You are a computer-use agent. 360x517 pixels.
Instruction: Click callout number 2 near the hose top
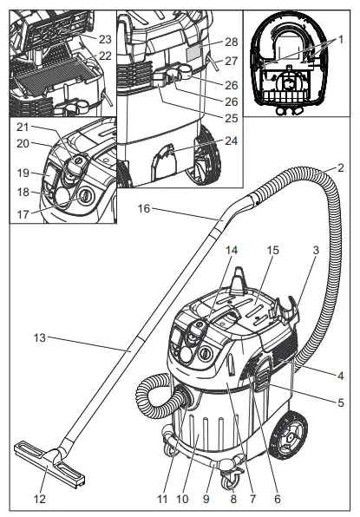coord(342,167)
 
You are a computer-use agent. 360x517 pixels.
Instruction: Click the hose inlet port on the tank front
coord(184,396)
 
